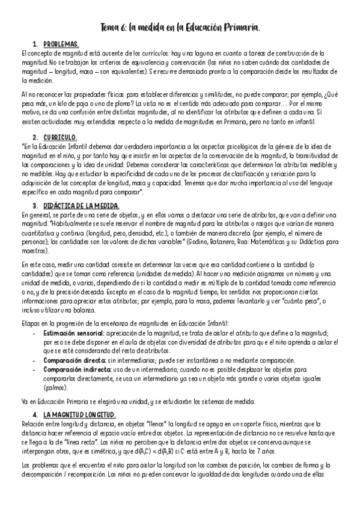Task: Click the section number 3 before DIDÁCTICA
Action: click(x=35, y=206)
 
